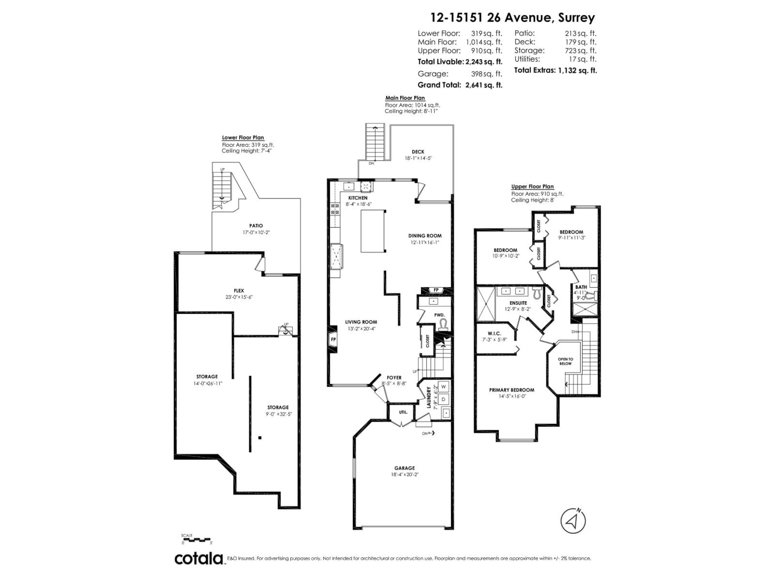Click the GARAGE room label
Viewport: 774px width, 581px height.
click(x=405, y=468)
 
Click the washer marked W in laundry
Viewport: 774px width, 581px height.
click(x=443, y=387)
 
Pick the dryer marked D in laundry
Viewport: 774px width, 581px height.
click(x=443, y=399)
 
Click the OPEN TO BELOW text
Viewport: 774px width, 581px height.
click(x=565, y=361)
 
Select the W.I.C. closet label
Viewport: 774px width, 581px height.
click(x=494, y=333)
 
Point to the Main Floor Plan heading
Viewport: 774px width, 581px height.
click(x=405, y=98)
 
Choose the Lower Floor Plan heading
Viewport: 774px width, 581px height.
click(x=243, y=138)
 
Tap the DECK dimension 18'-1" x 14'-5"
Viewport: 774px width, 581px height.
click(x=418, y=158)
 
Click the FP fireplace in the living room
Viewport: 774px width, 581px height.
click(x=333, y=339)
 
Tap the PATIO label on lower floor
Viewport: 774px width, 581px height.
click(x=256, y=226)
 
